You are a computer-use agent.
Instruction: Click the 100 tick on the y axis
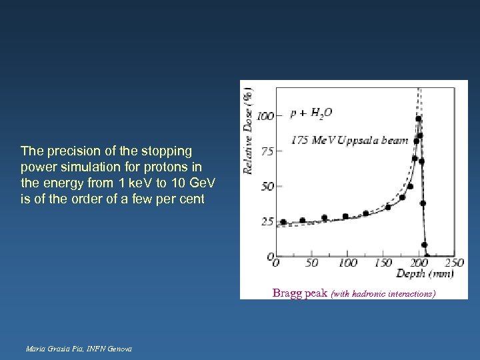[265, 116]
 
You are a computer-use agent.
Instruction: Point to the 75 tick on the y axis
[267, 151]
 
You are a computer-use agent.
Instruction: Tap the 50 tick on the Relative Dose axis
[267, 186]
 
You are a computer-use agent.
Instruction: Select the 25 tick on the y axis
[267, 221]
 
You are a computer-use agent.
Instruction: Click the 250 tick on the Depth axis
[454, 263]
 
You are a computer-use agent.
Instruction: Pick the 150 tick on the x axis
[383, 263]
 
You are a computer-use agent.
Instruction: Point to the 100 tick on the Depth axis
[347, 263]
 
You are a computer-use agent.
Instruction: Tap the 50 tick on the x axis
[311, 263]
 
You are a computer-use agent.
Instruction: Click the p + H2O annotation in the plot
[311, 114]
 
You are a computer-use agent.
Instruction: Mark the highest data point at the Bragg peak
[418, 119]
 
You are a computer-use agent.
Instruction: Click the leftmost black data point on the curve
[283, 222]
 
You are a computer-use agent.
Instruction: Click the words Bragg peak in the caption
[299, 293]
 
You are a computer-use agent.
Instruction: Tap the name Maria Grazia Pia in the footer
[52, 349]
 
